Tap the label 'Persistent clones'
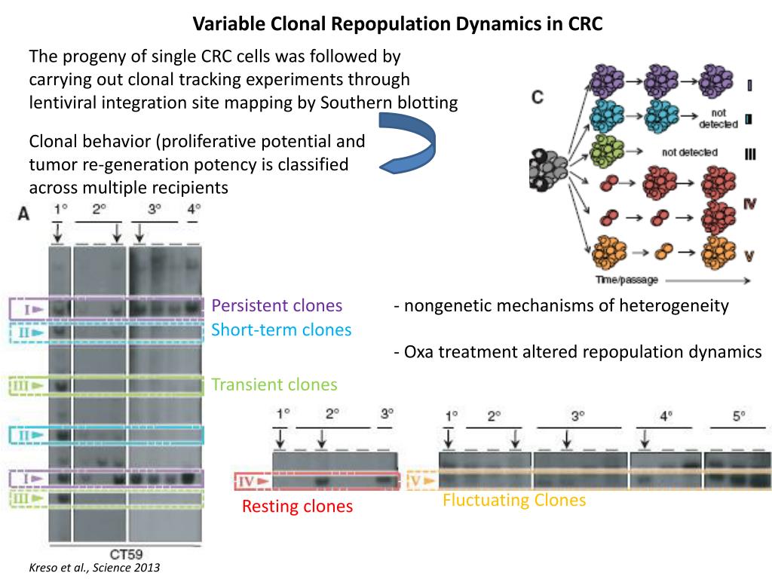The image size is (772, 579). [x=277, y=305]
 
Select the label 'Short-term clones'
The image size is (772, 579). [x=281, y=329]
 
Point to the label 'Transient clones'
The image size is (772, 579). [x=274, y=384]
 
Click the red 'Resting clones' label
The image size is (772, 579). [x=297, y=507]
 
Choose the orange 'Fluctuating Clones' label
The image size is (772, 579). [x=514, y=500]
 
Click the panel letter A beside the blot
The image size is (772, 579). [x=23, y=213]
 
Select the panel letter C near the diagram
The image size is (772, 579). [x=538, y=98]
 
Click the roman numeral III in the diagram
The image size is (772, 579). [x=749, y=154]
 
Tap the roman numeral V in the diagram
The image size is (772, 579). [x=749, y=255]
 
